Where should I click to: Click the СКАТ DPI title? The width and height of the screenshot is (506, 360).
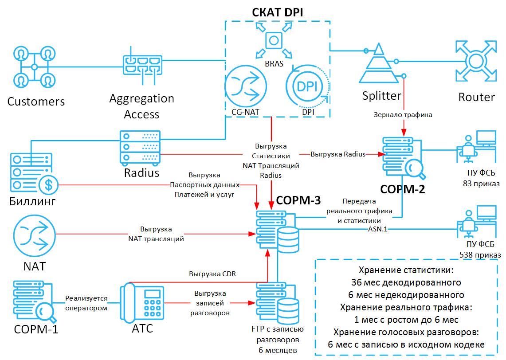278,12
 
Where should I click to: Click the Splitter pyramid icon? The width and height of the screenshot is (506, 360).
380,66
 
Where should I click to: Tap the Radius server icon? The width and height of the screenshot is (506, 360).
139,147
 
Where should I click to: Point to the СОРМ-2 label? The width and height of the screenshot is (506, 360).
404,189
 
